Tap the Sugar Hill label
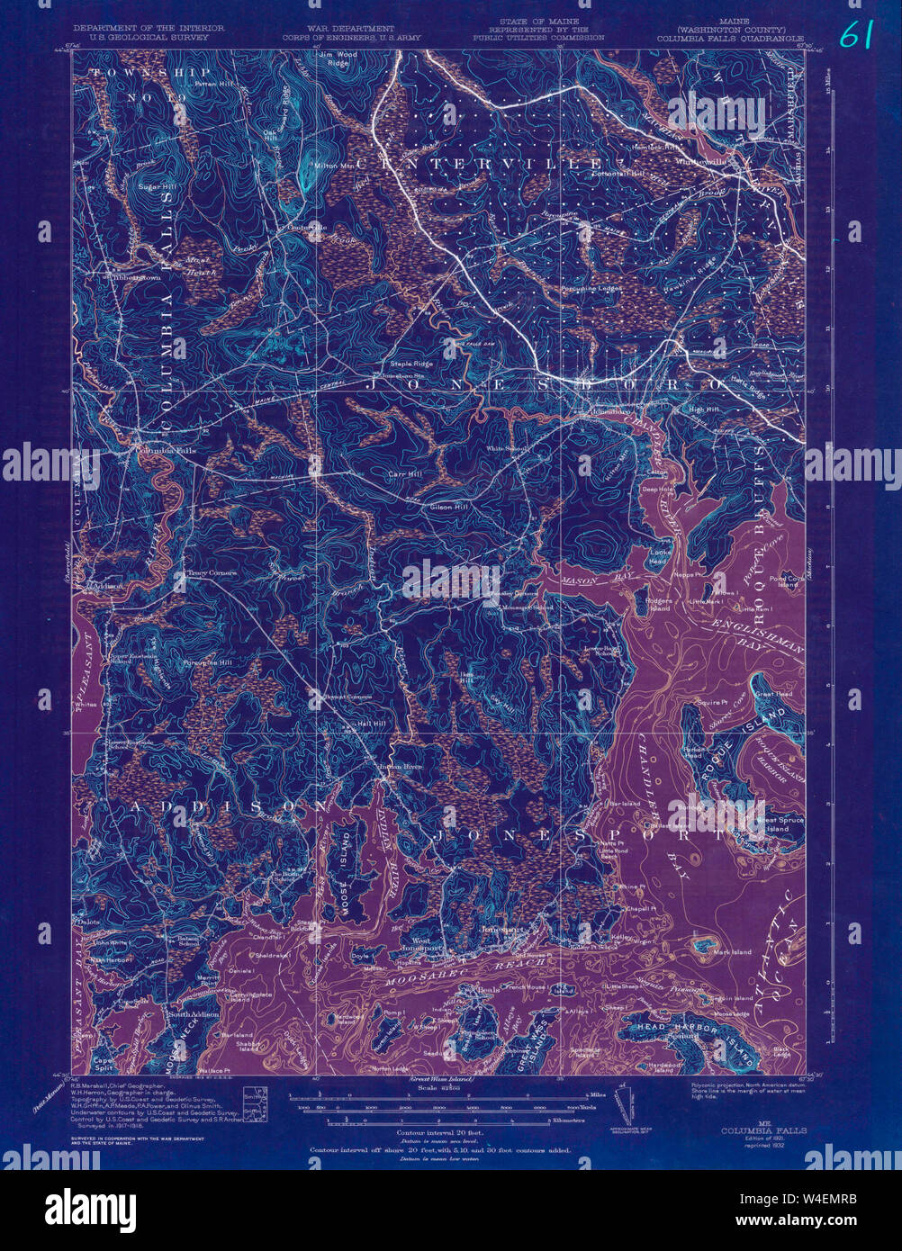pyautogui.click(x=154, y=186)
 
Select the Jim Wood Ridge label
pyautogui.click(x=337, y=58)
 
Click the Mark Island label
pyautogui.click(x=732, y=951)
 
